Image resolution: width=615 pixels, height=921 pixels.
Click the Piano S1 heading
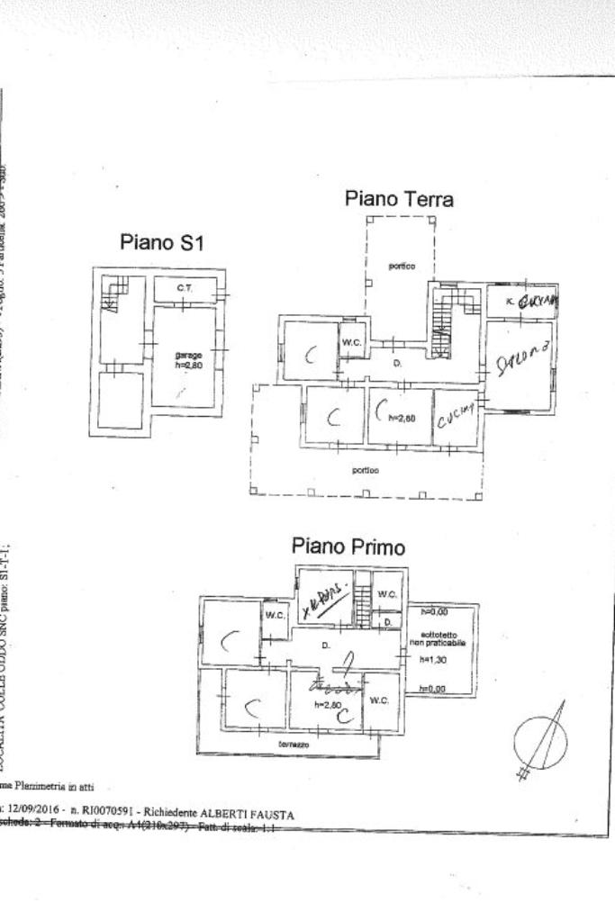163,243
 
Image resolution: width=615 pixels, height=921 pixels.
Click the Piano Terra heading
399,199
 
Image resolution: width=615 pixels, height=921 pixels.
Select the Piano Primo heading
348,546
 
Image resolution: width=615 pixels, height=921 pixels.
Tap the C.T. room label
184,288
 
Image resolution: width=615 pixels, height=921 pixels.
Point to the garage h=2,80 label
189,360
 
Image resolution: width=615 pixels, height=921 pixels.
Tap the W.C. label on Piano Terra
351,342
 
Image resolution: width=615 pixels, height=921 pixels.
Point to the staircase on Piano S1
113,293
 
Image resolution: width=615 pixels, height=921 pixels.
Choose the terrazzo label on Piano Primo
294,746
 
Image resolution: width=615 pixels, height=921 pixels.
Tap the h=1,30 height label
434,659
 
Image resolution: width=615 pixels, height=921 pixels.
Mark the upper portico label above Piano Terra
401,266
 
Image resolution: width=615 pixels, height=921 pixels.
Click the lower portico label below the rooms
366,470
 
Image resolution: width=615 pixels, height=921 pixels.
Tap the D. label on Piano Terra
396,363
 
